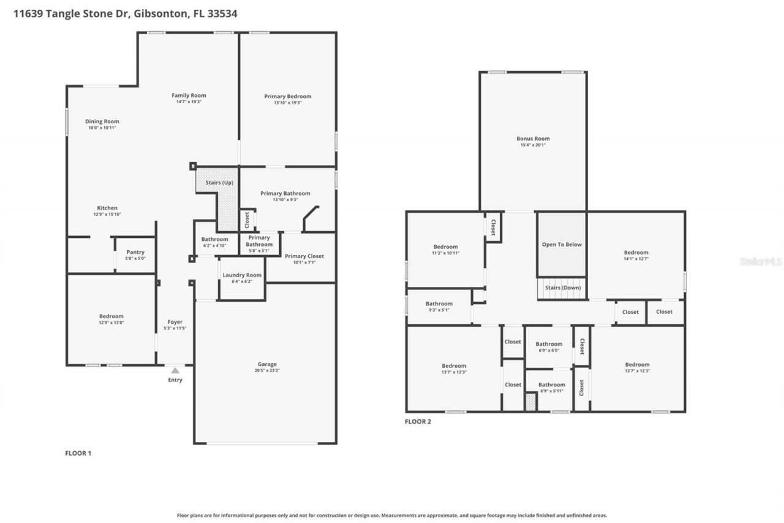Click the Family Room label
189,96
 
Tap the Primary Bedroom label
287,96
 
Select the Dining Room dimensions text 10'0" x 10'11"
102,128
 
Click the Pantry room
135,255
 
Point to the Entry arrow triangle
175,370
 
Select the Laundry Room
242,278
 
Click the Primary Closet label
304,256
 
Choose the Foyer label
175,322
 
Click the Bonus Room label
533,139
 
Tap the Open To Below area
562,245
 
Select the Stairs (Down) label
562,288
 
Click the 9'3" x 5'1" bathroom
439,307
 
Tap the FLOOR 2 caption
418,422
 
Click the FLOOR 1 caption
78,454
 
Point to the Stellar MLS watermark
761,261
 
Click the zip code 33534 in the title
223,13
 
